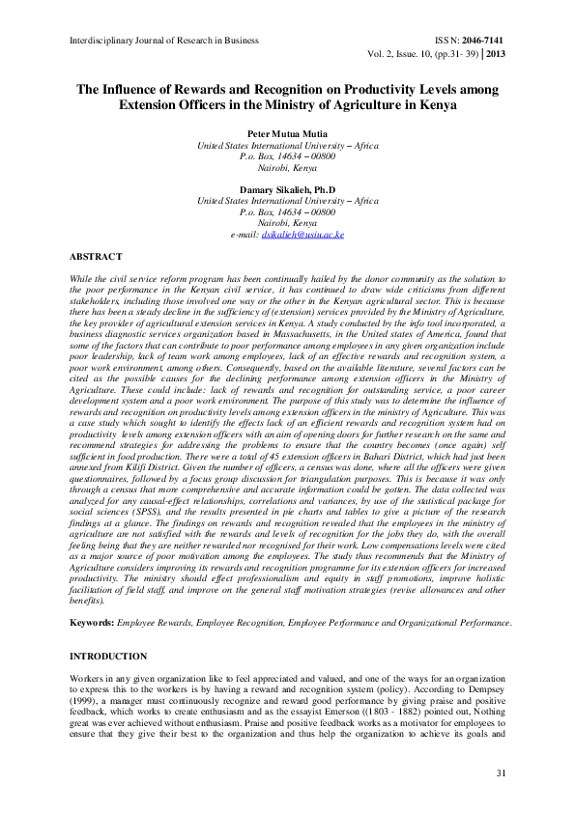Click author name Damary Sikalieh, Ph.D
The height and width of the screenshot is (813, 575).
coord(287,190)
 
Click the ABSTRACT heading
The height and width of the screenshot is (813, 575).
coord(96,257)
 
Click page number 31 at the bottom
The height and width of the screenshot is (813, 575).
coord(501,772)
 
